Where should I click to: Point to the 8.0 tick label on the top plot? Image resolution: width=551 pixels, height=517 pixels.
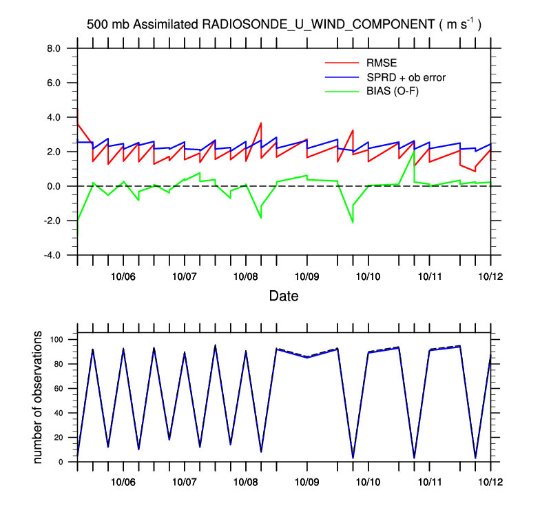[x=54, y=48]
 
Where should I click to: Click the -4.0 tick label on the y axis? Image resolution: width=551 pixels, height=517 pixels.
[x=52, y=255]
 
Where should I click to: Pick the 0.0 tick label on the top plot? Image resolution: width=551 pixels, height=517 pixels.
[x=54, y=186]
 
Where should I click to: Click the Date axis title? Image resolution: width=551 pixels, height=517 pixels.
[x=283, y=296]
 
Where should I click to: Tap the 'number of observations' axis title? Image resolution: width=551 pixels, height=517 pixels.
[x=39, y=397]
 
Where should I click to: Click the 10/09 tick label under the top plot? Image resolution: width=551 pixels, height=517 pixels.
[x=306, y=276]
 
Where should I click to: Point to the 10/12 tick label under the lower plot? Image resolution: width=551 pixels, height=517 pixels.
[x=490, y=483]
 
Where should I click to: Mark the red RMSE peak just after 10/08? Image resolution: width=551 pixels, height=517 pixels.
[x=261, y=123]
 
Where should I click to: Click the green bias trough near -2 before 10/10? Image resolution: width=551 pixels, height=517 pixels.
[x=353, y=222]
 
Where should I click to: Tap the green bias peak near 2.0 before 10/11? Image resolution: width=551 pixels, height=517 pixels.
[x=414, y=151]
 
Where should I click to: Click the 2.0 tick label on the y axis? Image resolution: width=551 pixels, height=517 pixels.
[x=54, y=152]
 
